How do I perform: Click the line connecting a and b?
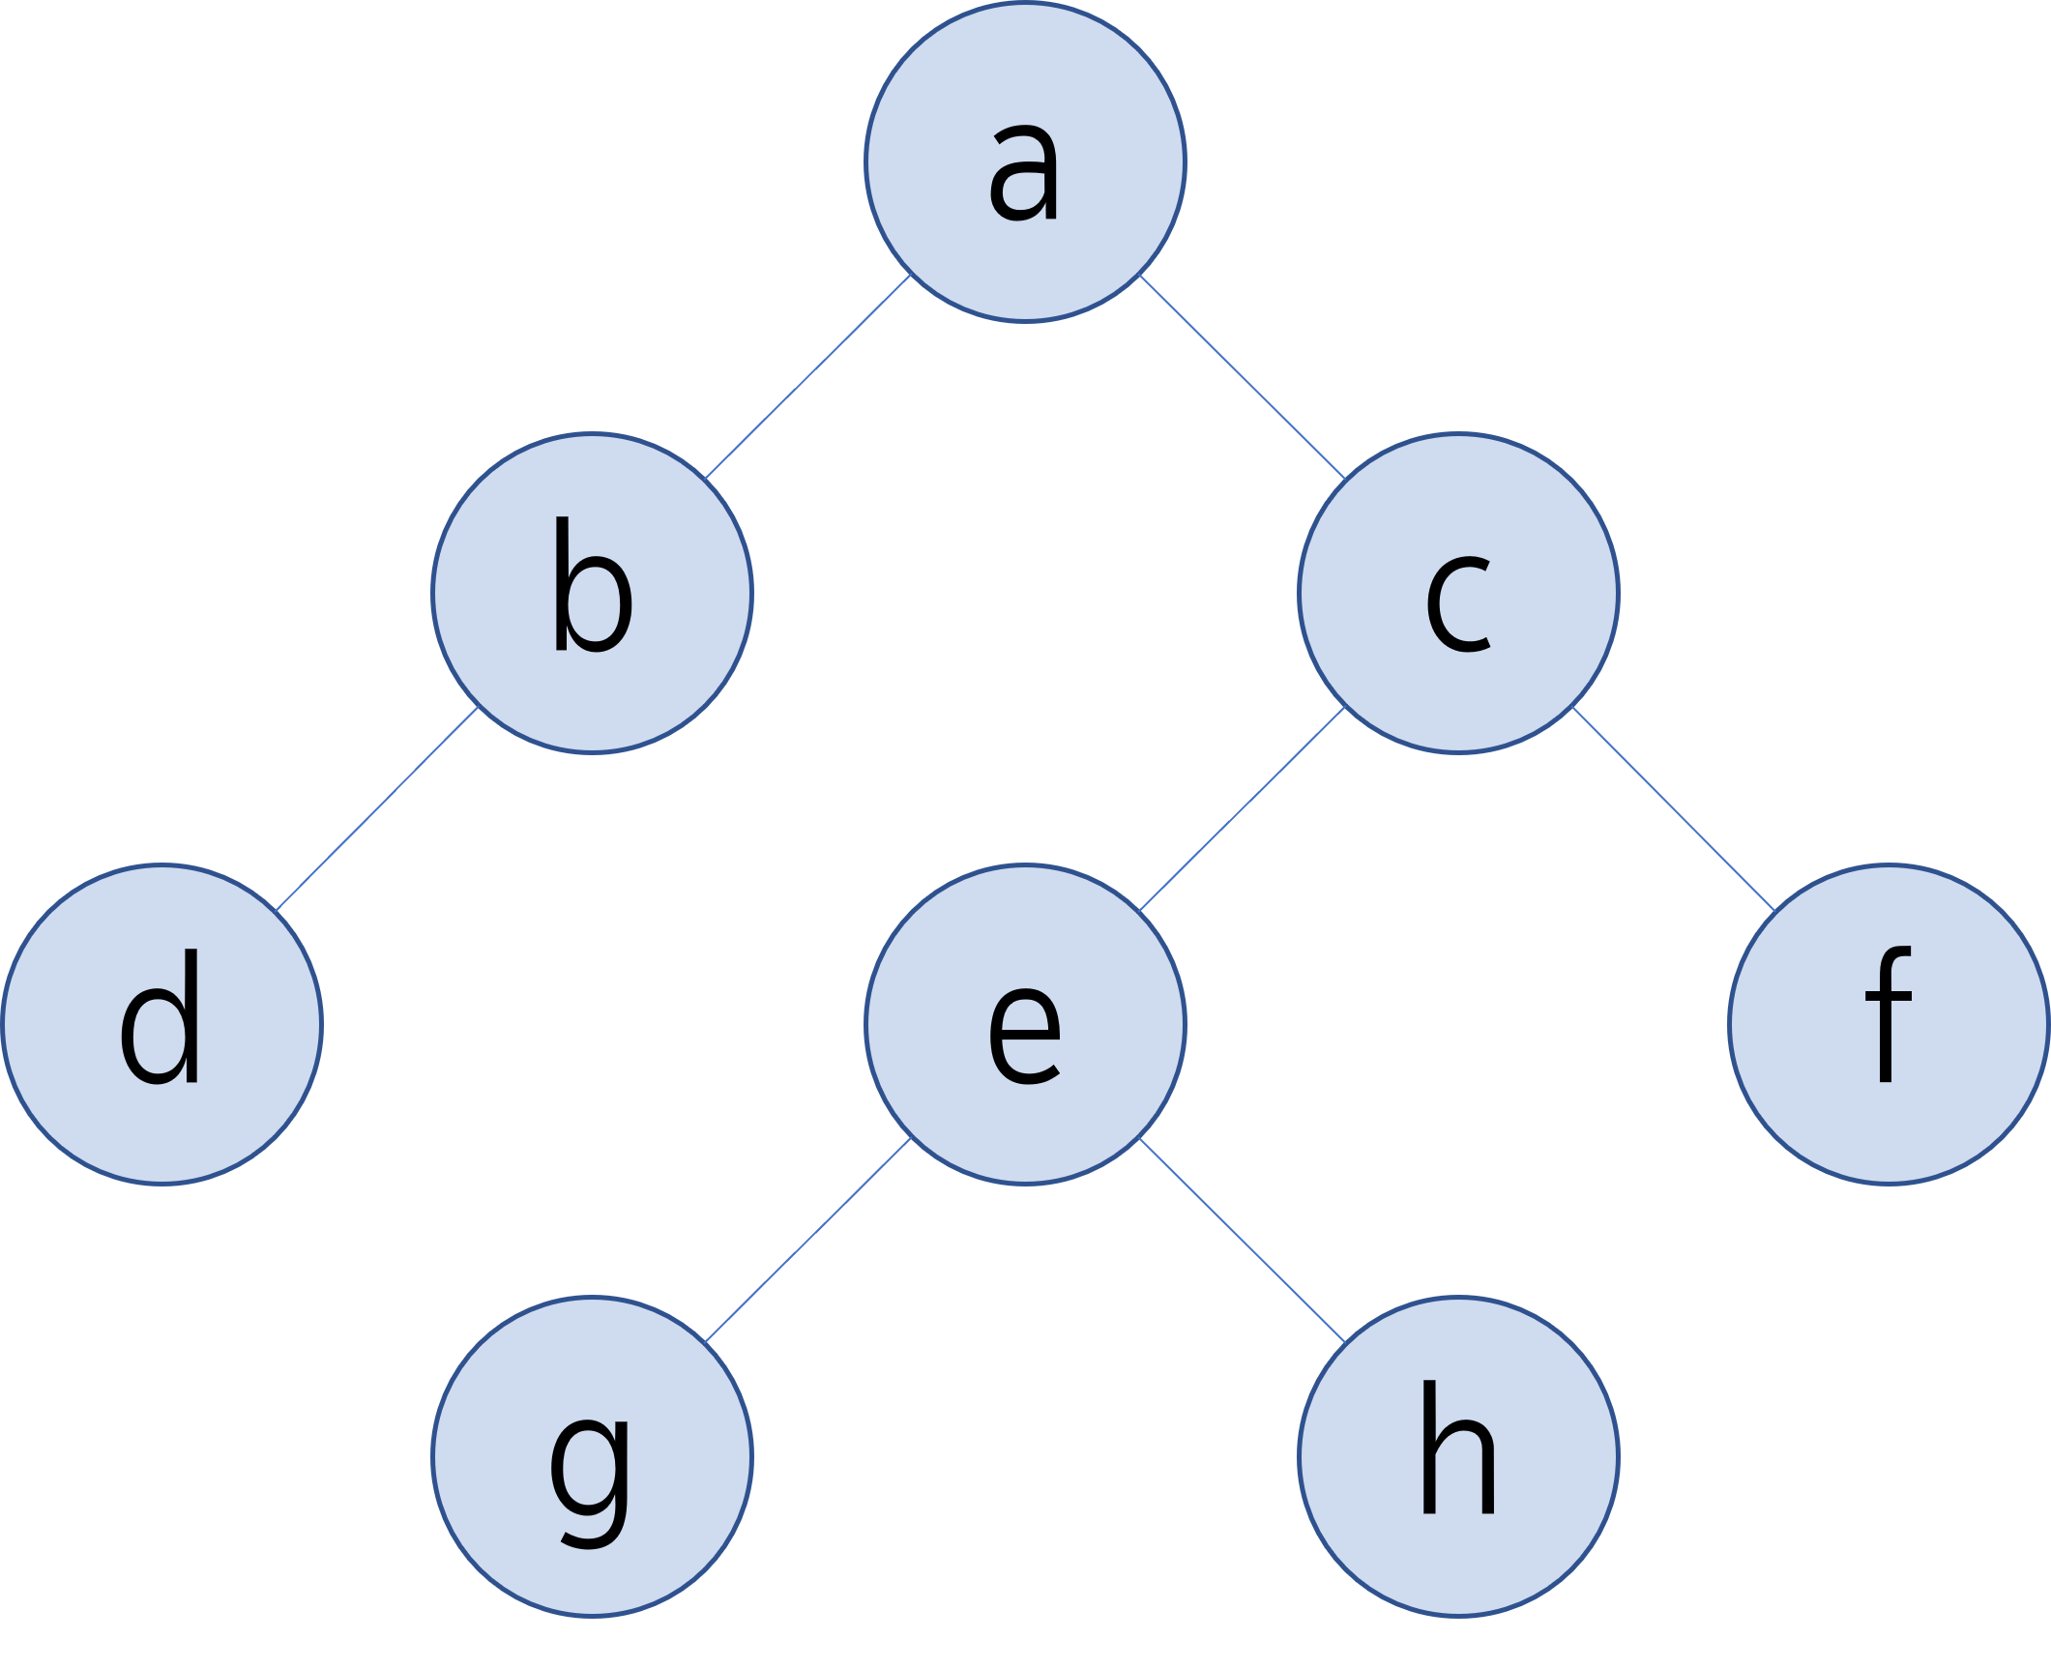tap(808, 376)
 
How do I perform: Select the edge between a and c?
tap(1243, 377)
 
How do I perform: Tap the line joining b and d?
tap(377, 809)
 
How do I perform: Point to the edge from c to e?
tap(1243, 808)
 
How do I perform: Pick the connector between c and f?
tap(1674, 809)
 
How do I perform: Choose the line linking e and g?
tap(808, 1241)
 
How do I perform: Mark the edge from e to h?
tap(1243, 1242)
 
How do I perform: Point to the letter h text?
tap(1458, 1449)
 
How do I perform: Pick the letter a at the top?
tap(1024, 174)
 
